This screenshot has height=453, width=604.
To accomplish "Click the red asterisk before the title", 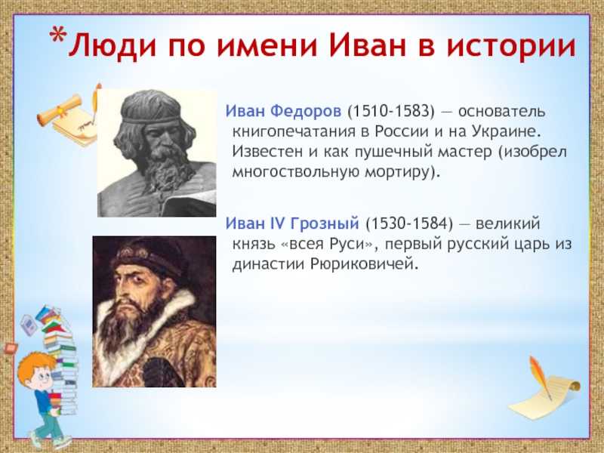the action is [58, 35].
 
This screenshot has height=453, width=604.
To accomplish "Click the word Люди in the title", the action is [112, 46].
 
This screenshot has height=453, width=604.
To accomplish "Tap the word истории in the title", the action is [511, 46].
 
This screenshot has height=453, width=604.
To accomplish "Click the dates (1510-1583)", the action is [391, 111].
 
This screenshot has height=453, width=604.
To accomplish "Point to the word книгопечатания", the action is [294, 131].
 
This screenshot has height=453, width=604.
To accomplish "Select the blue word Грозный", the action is [325, 223].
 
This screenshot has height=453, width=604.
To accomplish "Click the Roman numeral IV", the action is [276, 223].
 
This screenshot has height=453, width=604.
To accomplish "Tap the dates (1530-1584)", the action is [409, 223].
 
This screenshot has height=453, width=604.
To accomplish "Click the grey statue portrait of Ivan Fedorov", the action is [157, 153].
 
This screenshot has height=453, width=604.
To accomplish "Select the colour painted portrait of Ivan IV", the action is [154, 312].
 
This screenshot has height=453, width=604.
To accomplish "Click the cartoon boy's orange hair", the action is [35, 365].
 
